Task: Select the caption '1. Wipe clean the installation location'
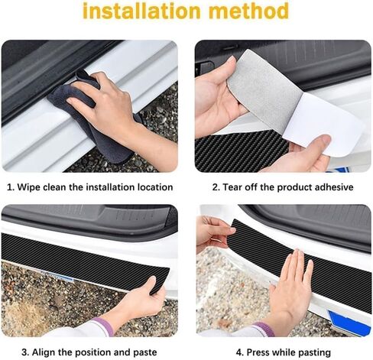(x=90, y=186)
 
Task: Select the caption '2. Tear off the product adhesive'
(x=282, y=186)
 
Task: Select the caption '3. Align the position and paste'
(x=90, y=352)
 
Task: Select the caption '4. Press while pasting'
(x=282, y=352)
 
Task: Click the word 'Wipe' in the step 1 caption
(x=31, y=186)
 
